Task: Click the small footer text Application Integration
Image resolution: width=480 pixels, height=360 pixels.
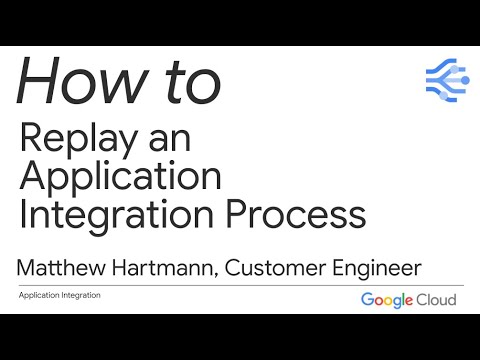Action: [x=60, y=295]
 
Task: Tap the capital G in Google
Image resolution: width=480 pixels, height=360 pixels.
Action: [x=367, y=300]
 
